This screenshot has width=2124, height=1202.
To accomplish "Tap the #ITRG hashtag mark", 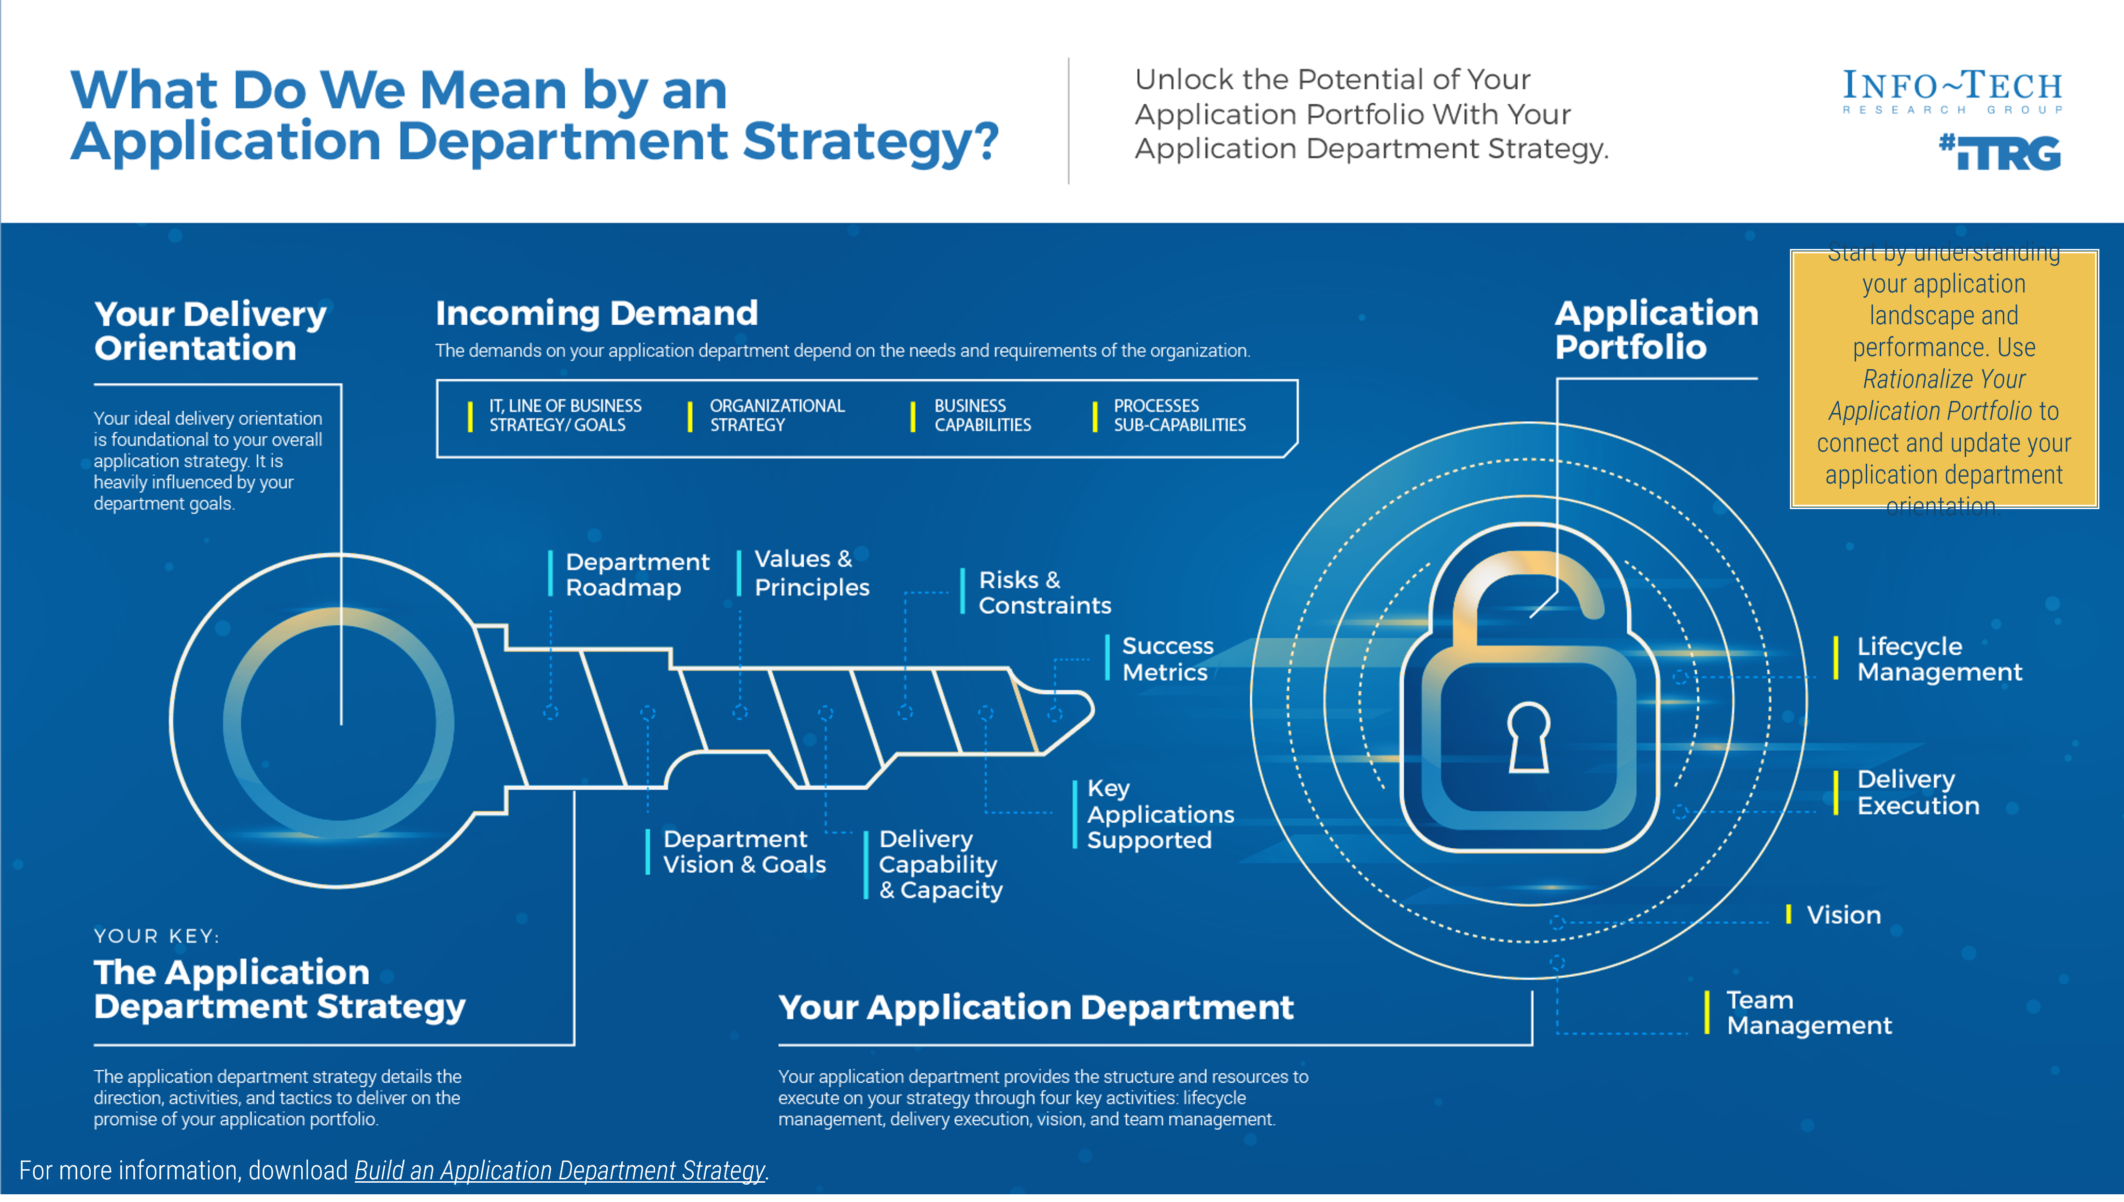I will point(1999,153).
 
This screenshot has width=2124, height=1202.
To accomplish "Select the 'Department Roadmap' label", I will point(637,575).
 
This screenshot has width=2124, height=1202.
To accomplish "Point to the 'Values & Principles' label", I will point(811,573).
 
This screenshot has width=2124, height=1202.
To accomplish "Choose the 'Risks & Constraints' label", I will point(1044,593).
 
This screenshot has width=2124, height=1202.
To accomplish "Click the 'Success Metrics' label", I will point(1167,659).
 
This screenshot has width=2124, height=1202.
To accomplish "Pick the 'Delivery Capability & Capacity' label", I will point(940,864).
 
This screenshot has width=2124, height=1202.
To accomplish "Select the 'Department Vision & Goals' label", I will point(743,852).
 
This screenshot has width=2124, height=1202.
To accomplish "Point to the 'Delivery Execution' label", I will point(1917,792).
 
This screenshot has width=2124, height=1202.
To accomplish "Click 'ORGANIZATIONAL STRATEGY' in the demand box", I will point(776,415).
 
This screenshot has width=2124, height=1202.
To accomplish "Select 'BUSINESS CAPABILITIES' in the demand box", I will point(982,415).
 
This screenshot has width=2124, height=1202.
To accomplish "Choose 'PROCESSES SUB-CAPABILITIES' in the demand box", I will point(1178,415).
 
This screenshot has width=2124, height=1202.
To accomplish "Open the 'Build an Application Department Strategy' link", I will point(559,1171).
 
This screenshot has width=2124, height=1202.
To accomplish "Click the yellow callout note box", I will point(1944,379).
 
